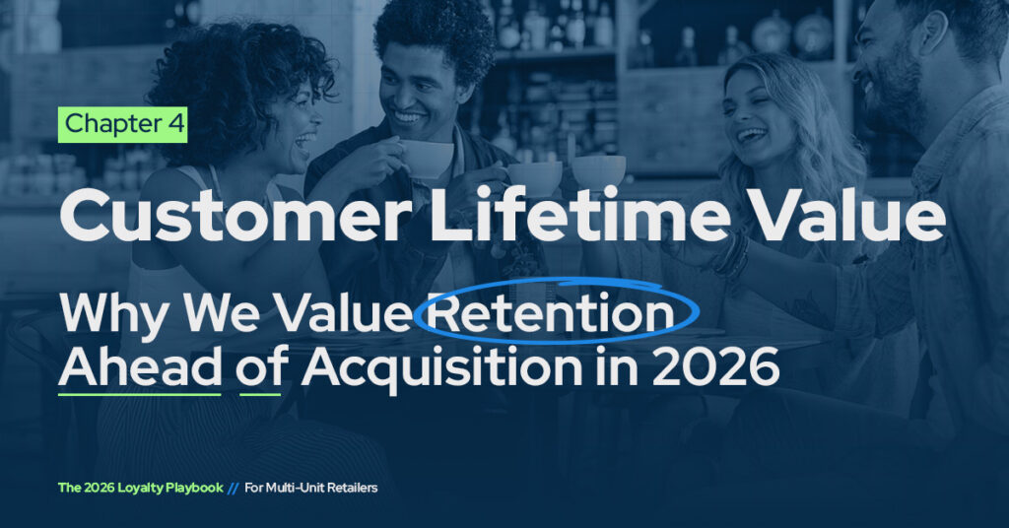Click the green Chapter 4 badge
coord(122,125)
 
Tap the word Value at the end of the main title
coord(846,219)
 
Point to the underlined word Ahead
coord(139,368)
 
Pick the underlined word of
coord(261,368)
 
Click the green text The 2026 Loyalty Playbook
coord(139,487)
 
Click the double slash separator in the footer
coord(233,487)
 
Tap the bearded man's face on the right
coord(887,74)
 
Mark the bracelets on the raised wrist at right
coord(731,254)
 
